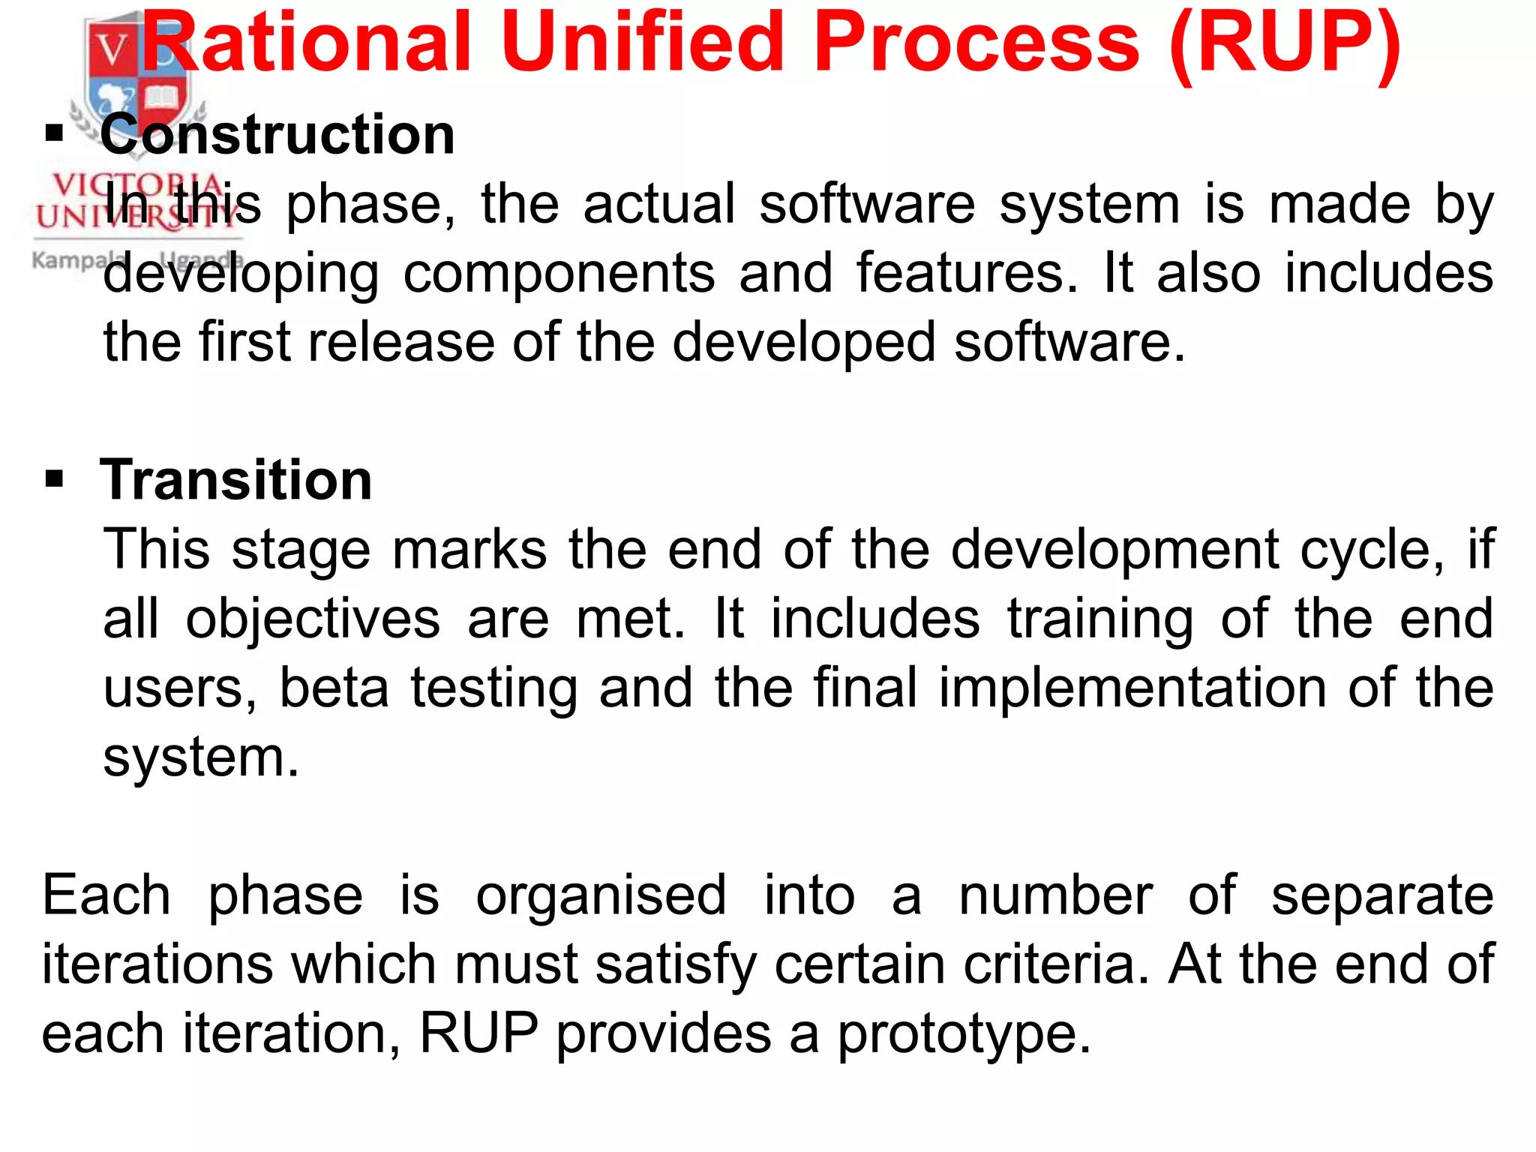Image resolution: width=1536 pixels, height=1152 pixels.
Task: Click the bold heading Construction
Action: (x=277, y=135)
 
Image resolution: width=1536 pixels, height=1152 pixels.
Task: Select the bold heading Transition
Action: (x=236, y=480)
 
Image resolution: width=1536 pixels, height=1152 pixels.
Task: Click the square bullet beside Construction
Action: (x=54, y=135)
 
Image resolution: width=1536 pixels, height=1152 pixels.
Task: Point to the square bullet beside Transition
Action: (x=54, y=478)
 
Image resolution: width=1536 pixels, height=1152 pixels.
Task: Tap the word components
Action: (x=559, y=274)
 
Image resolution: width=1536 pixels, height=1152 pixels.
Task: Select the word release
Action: (x=401, y=342)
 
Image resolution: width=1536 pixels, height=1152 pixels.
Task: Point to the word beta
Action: (x=334, y=688)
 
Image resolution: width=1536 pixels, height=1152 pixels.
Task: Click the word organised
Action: (x=601, y=897)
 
